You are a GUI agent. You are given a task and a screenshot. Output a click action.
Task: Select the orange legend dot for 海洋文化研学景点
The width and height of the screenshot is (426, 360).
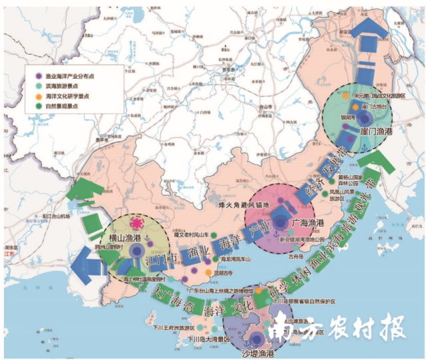[x=40, y=96]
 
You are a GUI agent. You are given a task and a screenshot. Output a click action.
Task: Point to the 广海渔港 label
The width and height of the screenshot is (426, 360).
[x=308, y=223]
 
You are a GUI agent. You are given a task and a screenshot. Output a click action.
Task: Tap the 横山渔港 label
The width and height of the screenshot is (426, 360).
[x=123, y=237]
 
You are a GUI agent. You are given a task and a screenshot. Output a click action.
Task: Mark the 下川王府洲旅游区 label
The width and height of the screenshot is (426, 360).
[x=172, y=328]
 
